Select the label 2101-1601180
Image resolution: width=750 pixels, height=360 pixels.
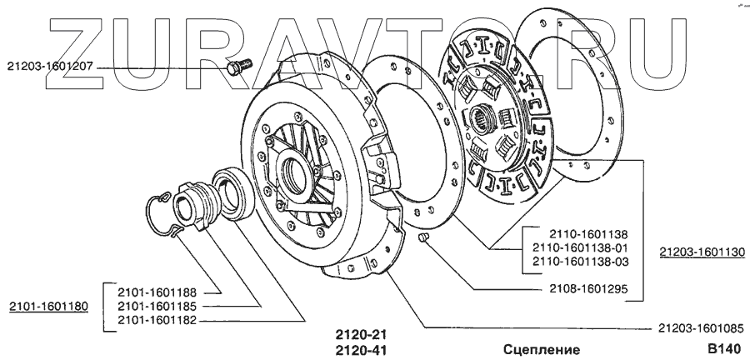48,307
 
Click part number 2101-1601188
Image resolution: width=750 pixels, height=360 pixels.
157,292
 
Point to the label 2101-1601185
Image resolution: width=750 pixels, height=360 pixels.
157,306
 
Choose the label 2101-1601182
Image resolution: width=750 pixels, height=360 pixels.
157,320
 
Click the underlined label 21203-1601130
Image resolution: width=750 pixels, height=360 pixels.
702,251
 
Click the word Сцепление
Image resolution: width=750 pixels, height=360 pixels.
542,349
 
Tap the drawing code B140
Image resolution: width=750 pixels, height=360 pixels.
722,349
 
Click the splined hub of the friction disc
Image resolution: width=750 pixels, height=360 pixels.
482,117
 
